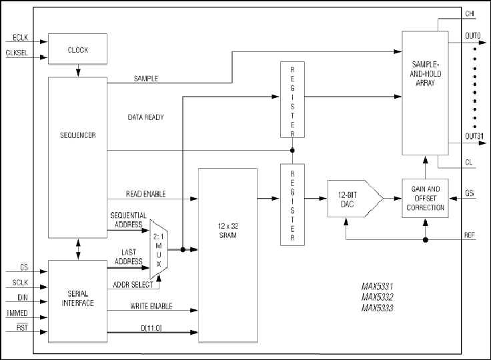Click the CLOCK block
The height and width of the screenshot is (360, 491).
tap(77, 49)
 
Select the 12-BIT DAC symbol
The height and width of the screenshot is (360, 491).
tap(356, 199)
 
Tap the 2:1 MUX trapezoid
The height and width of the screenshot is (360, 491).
tap(159, 249)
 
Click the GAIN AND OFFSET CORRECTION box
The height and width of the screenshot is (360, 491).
tap(425, 198)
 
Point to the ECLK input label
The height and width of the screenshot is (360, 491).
tap(21, 38)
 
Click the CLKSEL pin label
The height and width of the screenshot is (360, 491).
tap(17, 53)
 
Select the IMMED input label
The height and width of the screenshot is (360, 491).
tap(17, 313)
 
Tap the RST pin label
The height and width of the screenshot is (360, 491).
tap(22, 327)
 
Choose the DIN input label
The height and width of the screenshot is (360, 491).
tap(23, 298)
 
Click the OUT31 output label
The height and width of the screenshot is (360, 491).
tap(474, 136)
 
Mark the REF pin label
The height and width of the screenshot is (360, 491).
tap(470, 235)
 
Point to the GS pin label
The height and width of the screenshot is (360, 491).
tap(470, 193)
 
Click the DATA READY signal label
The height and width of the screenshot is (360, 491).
tap(145, 117)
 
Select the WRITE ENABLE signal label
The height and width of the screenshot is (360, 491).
tap(151, 306)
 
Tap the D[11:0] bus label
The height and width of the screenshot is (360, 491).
tap(151, 328)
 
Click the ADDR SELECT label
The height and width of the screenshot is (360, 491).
tap(133, 285)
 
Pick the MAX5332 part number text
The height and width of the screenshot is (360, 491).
tap(378, 297)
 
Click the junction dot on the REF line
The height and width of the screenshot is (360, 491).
tap(425, 240)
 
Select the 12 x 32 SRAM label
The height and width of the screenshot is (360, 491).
tap(228, 231)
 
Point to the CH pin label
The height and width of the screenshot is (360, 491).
tap(470, 13)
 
